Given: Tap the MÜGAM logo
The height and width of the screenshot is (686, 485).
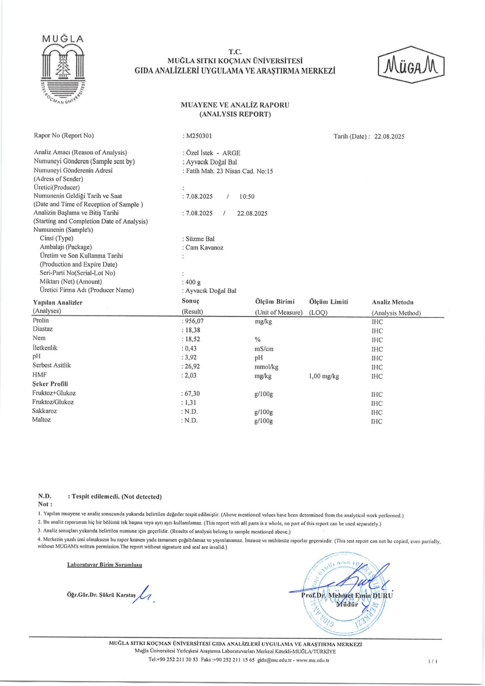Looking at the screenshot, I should (411, 66).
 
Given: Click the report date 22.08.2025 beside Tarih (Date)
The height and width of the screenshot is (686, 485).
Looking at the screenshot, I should (389, 136).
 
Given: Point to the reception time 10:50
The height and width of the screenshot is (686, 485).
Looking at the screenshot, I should (247, 196).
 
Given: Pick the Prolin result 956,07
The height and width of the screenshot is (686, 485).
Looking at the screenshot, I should (194, 321).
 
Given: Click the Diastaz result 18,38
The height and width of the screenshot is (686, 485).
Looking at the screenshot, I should (193, 330).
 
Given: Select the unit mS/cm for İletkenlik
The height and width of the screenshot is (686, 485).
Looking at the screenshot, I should (264, 349).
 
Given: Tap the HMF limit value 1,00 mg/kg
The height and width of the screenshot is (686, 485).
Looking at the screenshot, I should (324, 376).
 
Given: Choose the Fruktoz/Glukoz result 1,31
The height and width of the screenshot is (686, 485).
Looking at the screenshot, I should (190, 403).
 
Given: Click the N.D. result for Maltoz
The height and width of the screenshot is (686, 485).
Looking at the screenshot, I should (191, 421).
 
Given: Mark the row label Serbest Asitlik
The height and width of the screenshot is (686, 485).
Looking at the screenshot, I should (51, 365).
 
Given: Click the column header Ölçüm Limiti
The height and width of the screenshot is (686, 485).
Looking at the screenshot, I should (328, 302).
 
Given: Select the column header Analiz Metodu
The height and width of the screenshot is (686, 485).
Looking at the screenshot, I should (392, 302).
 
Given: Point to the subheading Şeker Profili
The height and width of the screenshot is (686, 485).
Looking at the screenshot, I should (50, 384).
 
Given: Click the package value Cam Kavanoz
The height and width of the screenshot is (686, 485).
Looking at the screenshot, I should (204, 247).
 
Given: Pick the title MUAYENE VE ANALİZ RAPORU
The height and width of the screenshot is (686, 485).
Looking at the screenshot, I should (235, 105).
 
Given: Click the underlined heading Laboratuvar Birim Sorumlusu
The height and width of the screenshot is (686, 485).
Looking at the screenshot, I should (105, 565).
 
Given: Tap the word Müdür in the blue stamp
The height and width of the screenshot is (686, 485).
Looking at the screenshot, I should (347, 604).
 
